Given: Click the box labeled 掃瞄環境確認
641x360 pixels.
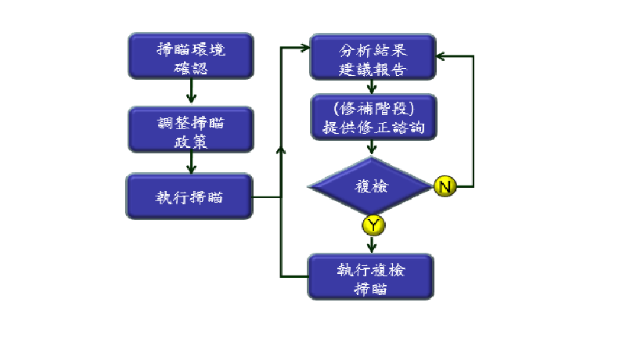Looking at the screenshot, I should tap(190, 56).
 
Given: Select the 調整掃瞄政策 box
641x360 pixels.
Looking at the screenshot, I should tap(190, 129).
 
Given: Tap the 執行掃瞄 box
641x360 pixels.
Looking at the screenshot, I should tap(190, 196).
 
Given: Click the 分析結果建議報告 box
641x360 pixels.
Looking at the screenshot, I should tap(373, 56).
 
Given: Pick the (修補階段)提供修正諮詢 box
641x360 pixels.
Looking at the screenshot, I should tap(373, 118).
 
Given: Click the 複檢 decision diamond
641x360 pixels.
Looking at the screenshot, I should tap(371, 186).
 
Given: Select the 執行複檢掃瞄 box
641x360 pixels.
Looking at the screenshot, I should tap(371, 276).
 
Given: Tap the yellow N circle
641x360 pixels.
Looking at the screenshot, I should tap(444, 186).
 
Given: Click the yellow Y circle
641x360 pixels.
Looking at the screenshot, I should tap(373, 225).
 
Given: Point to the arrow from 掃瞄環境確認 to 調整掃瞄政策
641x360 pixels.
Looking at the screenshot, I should tap(190, 93).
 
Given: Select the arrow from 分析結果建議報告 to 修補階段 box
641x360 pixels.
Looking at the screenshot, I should tap(373, 87).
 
